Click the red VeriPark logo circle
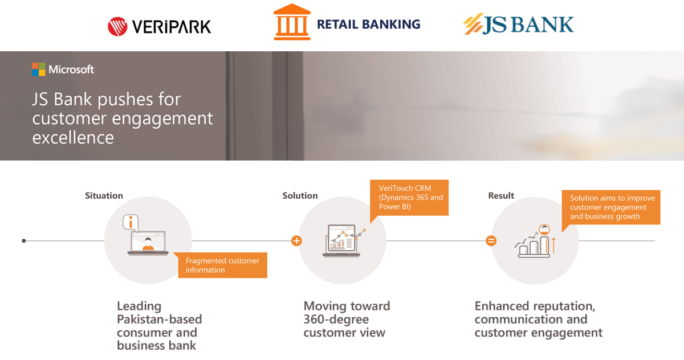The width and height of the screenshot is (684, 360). coord(117,26)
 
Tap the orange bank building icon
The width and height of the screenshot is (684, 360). coord(292,22)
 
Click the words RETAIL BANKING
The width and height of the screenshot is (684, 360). coord(369,24)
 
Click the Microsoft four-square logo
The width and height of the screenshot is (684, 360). coord(39,69)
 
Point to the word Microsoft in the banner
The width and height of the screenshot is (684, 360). coord(71,69)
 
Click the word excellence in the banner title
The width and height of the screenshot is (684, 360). coord(73,138)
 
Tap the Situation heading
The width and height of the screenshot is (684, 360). coord(104,195)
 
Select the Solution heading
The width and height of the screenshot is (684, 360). coord(300,195)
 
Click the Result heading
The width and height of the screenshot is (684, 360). coord(501,195)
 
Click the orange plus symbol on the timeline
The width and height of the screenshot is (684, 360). coord(296,241)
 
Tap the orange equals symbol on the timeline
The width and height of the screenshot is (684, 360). coord(491,241)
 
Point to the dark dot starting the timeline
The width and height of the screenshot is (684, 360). coord(24,241)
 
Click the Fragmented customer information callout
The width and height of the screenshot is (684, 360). coord(223,265)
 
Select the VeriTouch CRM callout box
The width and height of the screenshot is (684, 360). coord(409,198)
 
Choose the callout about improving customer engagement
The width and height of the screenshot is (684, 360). coord(611,207)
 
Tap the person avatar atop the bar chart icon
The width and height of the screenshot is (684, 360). coord(544,230)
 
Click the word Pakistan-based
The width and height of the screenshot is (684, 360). coord(160,320)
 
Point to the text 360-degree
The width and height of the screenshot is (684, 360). coord(336,320)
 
